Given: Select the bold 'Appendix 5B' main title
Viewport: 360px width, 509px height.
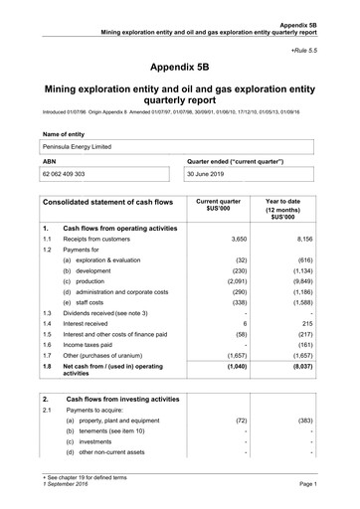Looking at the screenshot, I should pos(180,67).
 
